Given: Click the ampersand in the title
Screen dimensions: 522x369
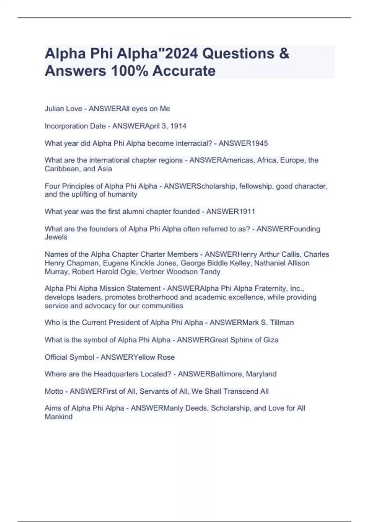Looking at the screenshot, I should [x=285, y=54].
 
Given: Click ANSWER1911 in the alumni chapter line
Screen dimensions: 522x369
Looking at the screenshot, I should [x=231, y=212].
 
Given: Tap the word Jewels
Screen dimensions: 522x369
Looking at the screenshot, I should [x=56, y=237].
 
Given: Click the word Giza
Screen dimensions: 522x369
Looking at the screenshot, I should [x=271, y=340].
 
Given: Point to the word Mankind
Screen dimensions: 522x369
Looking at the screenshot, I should [x=58, y=417].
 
